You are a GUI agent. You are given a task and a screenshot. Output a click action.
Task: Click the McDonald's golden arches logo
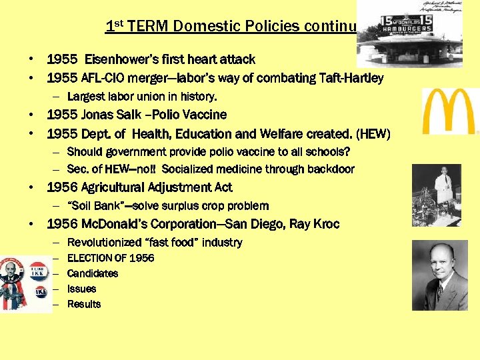click(451, 111)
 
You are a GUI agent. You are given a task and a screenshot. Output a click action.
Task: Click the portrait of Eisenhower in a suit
click(439, 276)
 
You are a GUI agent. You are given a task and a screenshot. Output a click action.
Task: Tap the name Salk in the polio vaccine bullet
click(131, 115)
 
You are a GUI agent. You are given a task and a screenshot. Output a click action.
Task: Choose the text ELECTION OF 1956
click(111, 258)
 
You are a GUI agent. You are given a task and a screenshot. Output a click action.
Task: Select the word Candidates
click(93, 273)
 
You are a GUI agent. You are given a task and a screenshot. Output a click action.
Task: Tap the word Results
click(84, 304)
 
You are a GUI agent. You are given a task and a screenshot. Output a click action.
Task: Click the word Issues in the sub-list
click(81, 289)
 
